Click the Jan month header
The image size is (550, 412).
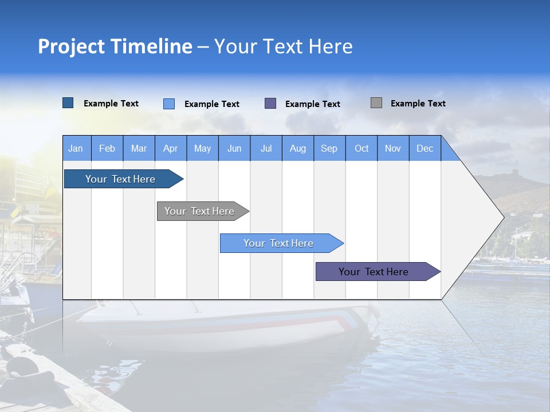pyautogui.click(x=76, y=148)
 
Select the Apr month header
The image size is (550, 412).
pyautogui.click(x=171, y=148)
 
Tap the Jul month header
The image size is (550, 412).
pyautogui.click(x=266, y=148)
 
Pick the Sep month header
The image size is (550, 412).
pyautogui.click(x=329, y=148)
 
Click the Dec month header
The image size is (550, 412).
pyautogui.click(x=425, y=148)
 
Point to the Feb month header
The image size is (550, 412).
pyautogui.click(x=107, y=148)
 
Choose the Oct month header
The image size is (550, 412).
pyautogui.click(x=362, y=148)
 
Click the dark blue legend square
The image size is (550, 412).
pyautogui.click(x=68, y=103)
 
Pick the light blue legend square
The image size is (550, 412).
pyautogui.click(x=169, y=104)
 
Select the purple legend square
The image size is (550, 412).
pyautogui.click(x=270, y=104)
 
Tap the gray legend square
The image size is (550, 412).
pyautogui.click(x=376, y=103)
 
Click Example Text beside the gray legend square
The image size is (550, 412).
pyautogui.click(x=418, y=104)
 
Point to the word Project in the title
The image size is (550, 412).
pyautogui.click(x=71, y=46)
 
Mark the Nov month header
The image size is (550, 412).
pyautogui.click(x=393, y=148)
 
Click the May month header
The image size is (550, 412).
pyautogui.click(x=202, y=148)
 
